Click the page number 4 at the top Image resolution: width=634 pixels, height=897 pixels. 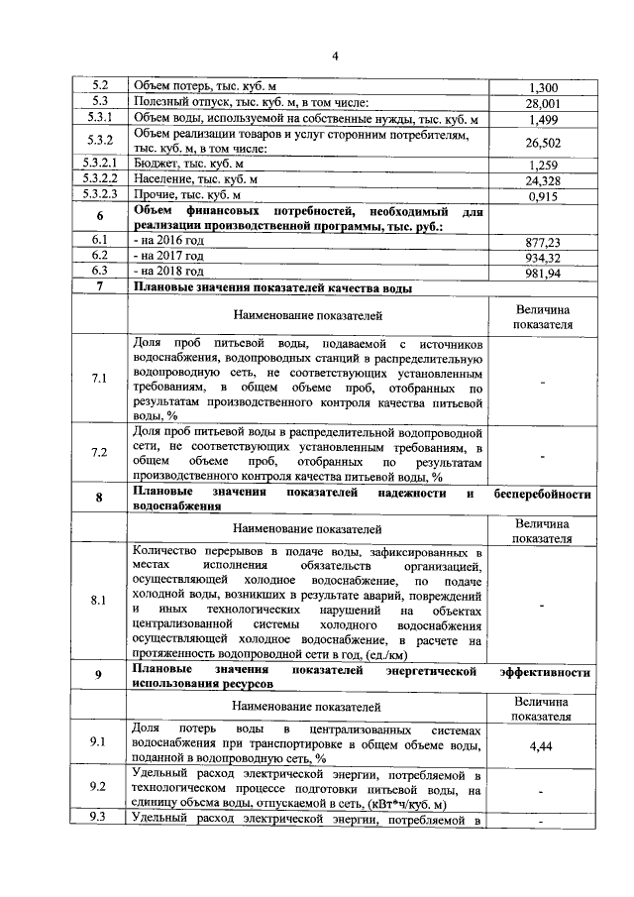click(335, 56)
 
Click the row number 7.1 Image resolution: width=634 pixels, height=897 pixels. click(99, 380)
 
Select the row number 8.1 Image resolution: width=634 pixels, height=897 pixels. click(99, 601)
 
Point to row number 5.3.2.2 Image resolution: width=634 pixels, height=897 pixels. click(99, 180)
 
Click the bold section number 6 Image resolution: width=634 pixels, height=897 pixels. click(99, 218)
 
